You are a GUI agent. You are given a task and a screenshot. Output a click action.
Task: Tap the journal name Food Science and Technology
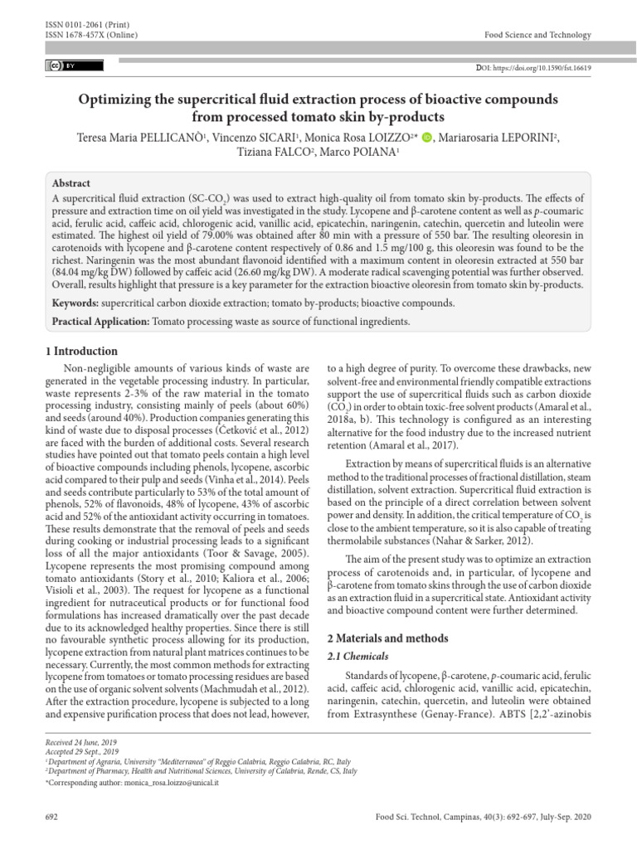537,35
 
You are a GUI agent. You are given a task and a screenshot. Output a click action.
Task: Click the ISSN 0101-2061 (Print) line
80,25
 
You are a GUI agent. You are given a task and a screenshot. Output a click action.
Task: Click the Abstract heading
71,183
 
